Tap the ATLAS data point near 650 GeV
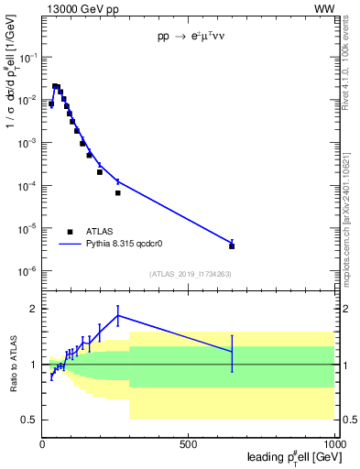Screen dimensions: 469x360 (232, 245)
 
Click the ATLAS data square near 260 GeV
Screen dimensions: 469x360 (118, 193)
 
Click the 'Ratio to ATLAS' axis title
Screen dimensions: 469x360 (14, 364)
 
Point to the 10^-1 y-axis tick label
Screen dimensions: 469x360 (28, 57)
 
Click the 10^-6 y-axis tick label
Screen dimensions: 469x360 (28, 271)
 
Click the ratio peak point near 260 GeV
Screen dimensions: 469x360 (118, 315)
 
